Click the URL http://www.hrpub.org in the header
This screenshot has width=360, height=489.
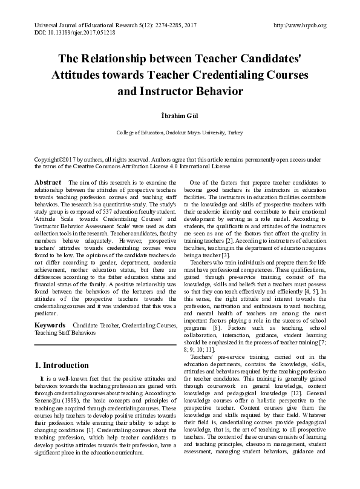pyautogui.click(x=300, y=25)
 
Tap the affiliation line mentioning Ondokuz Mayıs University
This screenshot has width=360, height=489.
pyautogui.click(x=180, y=132)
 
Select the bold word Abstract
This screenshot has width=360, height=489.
pyautogui.click(x=47, y=182)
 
